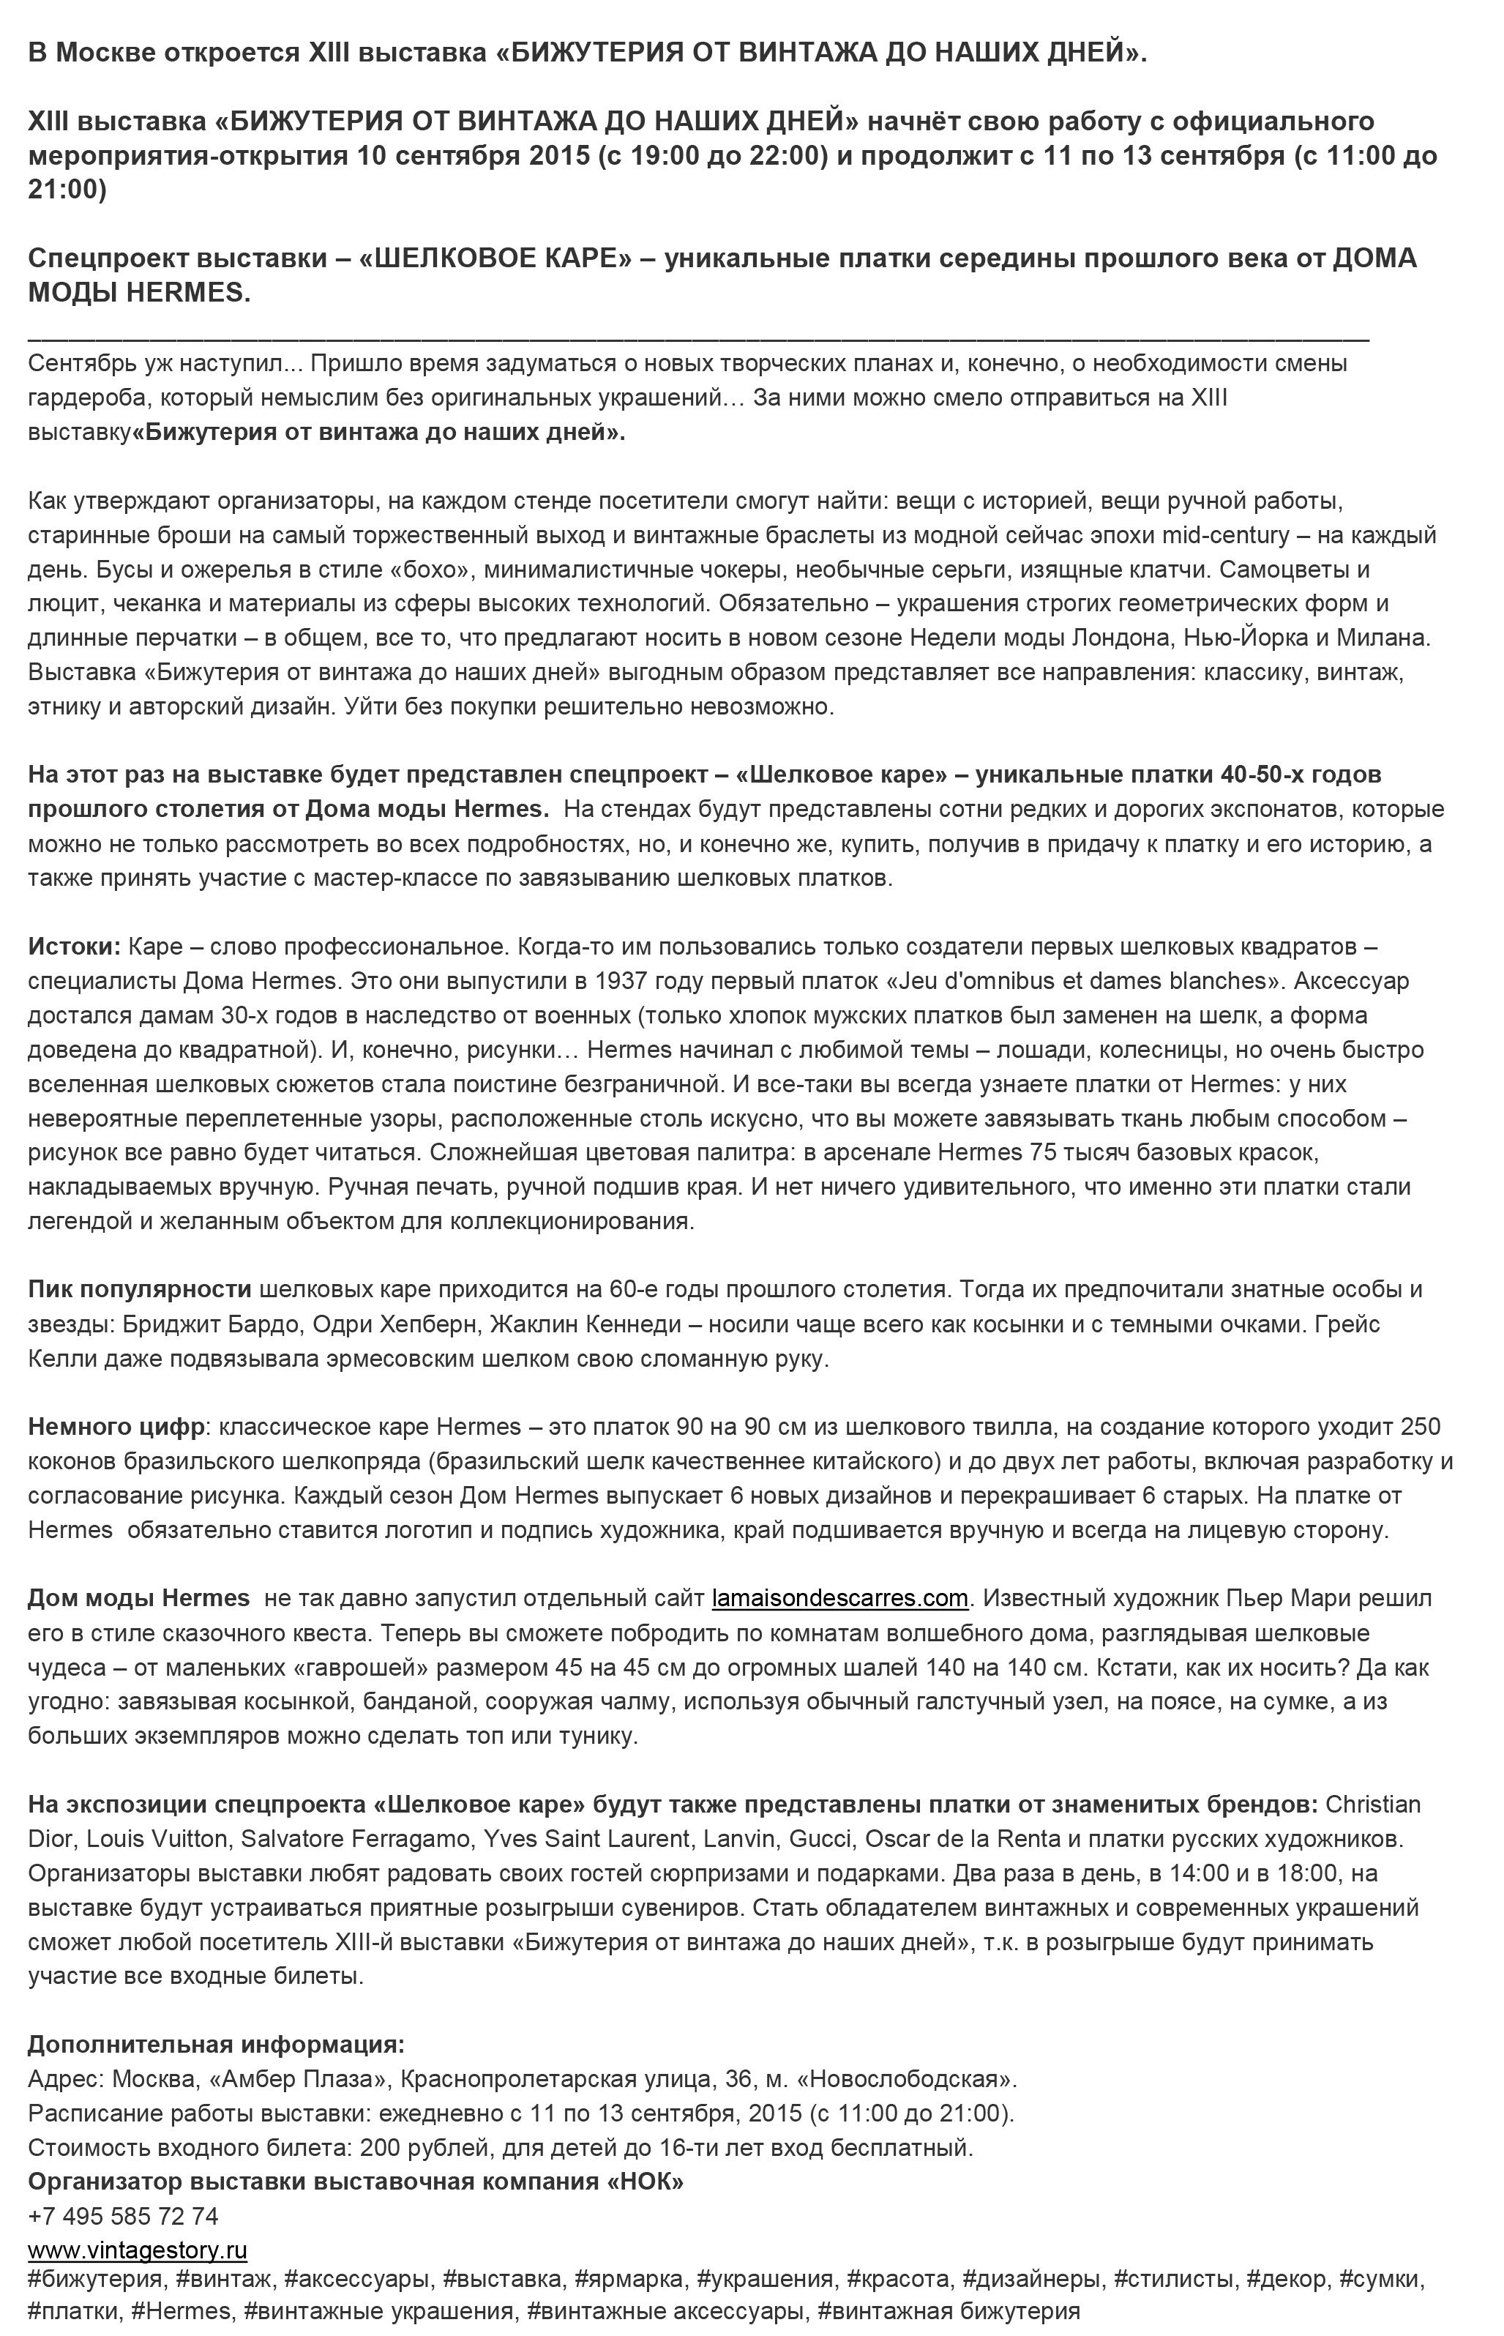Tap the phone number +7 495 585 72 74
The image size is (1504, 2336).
pos(123,2215)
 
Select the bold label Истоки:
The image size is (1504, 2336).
pos(74,947)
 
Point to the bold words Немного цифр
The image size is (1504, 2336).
pos(116,1427)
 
